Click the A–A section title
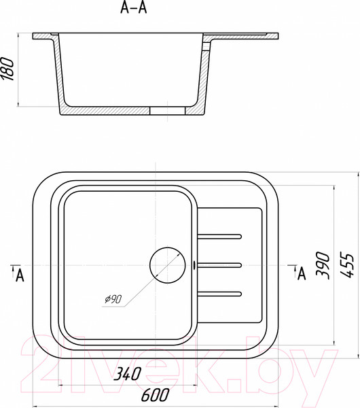point(134,7)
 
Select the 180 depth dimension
point(7,69)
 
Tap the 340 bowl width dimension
point(128,374)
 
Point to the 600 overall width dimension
point(155,394)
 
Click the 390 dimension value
point(323,265)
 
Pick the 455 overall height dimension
point(347,265)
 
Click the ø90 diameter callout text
point(113,299)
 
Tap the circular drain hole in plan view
point(168,265)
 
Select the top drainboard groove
point(219,237)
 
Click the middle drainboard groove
point(219,265)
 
